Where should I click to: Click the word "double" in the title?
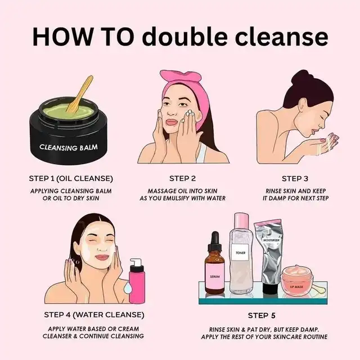(x=185, y=37)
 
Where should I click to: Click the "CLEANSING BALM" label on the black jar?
(x=69, y=147)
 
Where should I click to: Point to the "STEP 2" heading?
(x=182, y=178)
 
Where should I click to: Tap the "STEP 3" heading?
(x=295, y=179)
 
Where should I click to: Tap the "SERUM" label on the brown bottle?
(x=215, y=276)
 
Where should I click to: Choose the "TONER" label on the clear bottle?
(x=240, y=253)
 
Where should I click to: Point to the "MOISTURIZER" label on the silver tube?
(x=271, y=240)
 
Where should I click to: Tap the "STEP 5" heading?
(x=262, y=316)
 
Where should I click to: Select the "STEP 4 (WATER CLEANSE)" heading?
(x=94, y=315)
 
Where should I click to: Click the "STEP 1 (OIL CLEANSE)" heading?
(x=71, y=179)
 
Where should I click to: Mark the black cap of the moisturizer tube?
(x=271, y=288)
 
